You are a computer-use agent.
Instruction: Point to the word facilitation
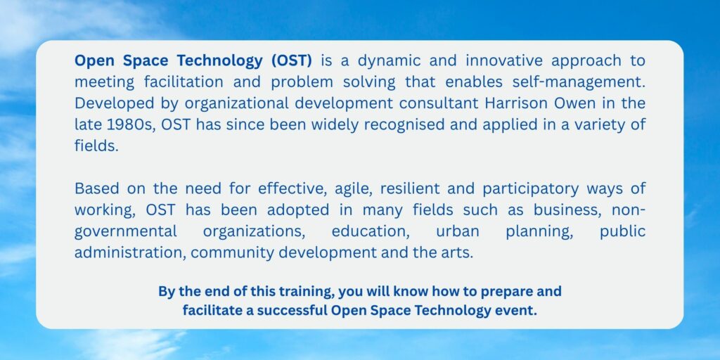tap(182, 82)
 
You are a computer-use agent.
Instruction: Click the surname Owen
tap(574, 103)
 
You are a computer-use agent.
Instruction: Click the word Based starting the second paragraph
tap(94, 188)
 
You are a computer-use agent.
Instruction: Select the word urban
tap(457, 231)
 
